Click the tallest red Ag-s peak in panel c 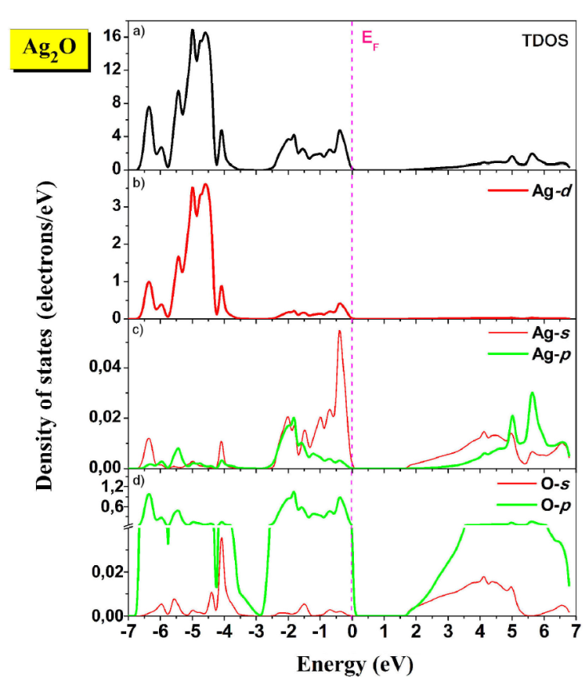pos(340,332)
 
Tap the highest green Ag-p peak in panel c pos(532,393)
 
